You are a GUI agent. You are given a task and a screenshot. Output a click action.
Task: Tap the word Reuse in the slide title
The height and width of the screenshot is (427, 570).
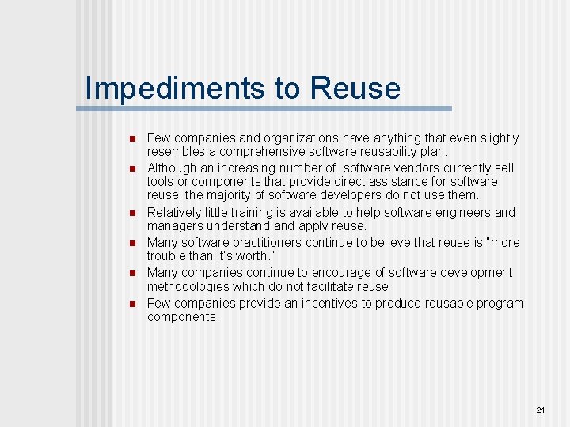[355, 88]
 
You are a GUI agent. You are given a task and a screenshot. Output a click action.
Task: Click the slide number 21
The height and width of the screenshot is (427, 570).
[541, 410]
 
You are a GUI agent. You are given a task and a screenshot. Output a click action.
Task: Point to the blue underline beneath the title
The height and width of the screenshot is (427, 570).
[269, 108]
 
